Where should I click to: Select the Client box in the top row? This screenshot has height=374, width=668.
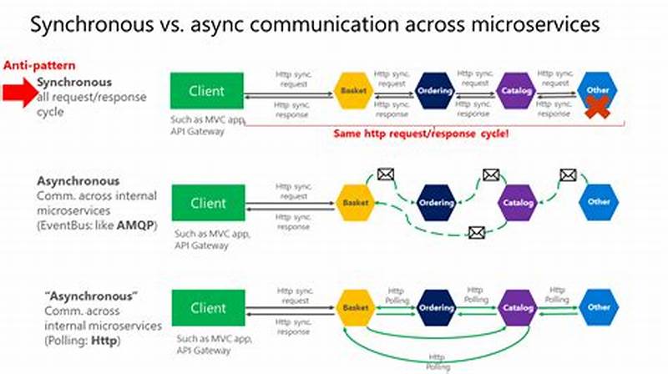(206, 90)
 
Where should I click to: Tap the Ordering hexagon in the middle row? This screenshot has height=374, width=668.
(435, 203)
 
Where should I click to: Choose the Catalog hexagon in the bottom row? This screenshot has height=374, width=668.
(516, 307)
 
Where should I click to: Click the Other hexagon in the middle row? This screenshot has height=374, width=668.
(599, 202)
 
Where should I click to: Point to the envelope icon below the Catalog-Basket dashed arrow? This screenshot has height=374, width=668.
(477, 233)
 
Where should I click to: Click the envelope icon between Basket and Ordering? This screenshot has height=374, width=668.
(385, 174)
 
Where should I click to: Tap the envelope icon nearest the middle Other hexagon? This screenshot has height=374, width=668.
(568, 175)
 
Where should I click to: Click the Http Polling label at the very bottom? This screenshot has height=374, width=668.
(434, 360)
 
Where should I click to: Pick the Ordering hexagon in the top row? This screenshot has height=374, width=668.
(435, 90)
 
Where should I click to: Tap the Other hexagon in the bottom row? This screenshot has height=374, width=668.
(599, 307)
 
